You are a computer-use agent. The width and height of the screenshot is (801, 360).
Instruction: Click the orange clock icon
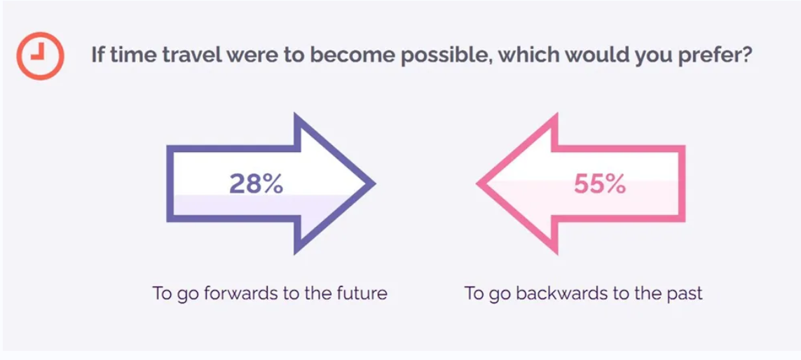pyautogui.click(x=40, y=55)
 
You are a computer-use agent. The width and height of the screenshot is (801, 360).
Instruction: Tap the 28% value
pyautogui.click(x=256, y=184)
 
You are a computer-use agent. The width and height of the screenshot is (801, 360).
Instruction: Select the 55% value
pyautogui.click(x=600, y=184)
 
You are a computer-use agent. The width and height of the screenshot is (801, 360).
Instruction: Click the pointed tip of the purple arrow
pyautogui.click(x=376, y=184)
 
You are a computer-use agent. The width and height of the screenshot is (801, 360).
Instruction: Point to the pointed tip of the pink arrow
pyautogui.click(x=477, y=184)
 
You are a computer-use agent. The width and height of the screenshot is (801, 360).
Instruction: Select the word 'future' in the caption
pyautogui.click(x=363, y=293)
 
